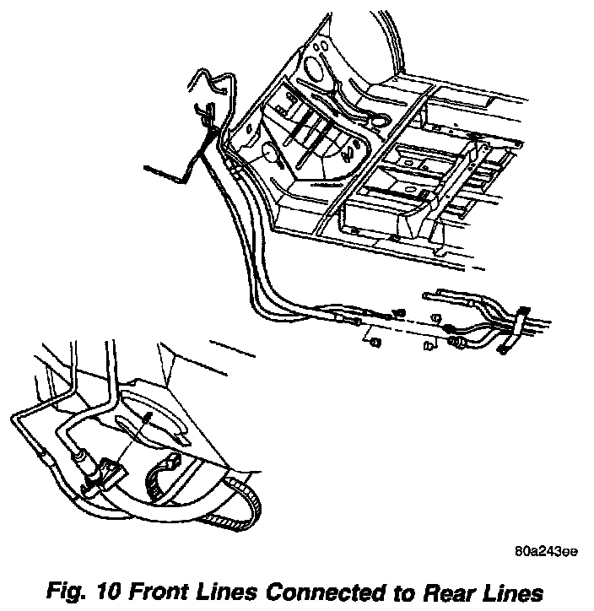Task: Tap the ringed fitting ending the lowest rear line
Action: (x=460, y=343)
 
